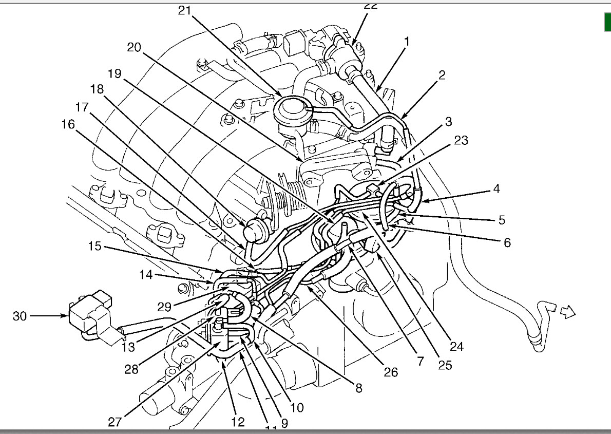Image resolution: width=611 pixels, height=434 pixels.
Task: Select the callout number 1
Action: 406,41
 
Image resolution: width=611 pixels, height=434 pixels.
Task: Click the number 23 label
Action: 461,140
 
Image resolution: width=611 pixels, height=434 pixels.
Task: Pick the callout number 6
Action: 507,242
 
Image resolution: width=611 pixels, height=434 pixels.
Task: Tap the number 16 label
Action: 69,124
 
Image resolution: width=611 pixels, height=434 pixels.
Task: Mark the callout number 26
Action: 391,372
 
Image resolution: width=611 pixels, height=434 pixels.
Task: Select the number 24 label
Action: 456,347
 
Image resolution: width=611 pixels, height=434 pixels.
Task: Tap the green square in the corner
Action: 607,21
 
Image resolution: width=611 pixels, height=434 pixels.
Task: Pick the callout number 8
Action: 358,388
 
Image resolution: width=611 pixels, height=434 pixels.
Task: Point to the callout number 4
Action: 496,188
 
